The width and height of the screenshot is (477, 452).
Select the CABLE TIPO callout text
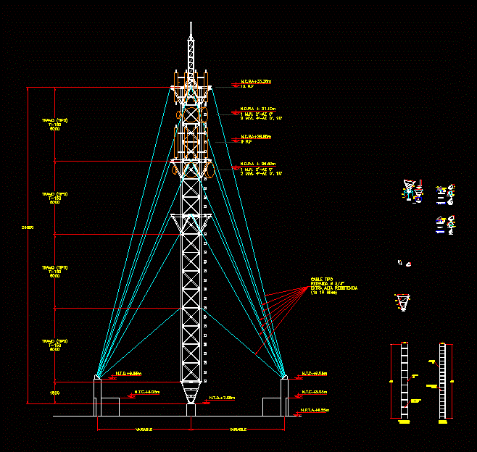[323, 280]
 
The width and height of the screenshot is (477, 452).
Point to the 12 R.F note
[246, 86]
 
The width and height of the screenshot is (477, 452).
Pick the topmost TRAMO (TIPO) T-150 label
[54, 125]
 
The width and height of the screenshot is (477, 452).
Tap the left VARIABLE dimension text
[144, 430]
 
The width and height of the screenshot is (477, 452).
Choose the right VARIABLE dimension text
[238, 430]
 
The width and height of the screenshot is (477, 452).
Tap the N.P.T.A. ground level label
[313, 411]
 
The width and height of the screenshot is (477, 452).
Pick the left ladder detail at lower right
[405, 381]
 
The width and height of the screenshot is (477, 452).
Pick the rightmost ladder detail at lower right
[441, 381]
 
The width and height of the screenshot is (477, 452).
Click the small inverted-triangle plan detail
[402, 300]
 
